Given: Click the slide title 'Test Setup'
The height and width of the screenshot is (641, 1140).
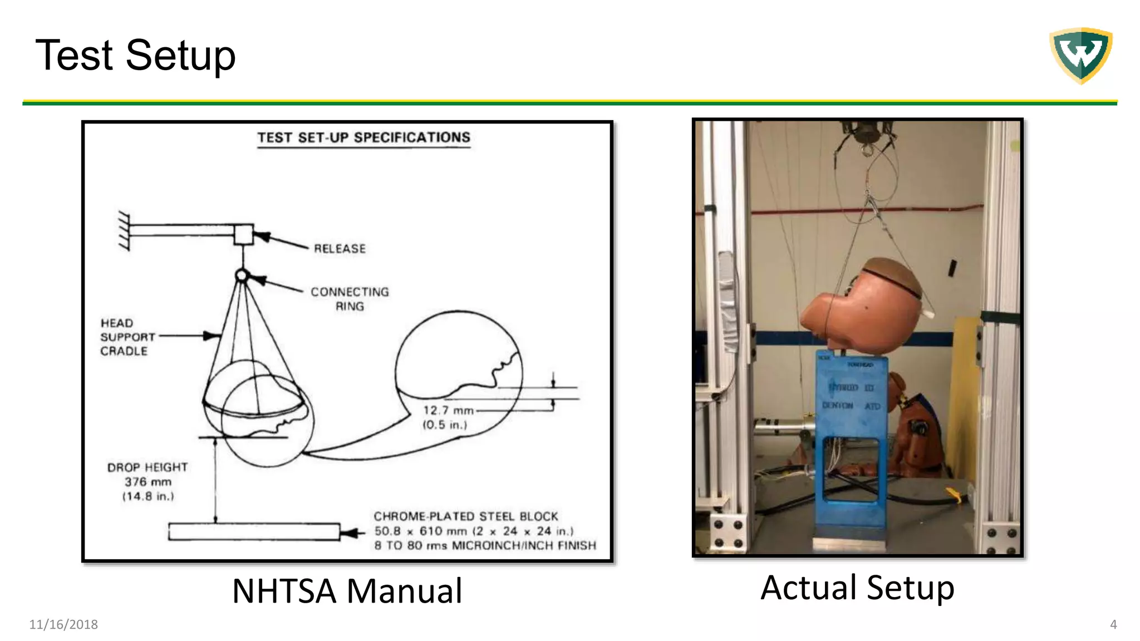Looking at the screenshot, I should tap(135, 55).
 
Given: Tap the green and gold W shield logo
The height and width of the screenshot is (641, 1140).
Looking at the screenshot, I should tap(1080, 55).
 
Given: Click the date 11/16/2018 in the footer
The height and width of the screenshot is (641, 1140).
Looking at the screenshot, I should tap(63, 624).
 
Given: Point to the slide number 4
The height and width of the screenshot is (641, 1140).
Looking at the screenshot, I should tap(1113, 624).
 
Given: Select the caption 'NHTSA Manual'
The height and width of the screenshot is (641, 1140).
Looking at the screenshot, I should tap(347, 590).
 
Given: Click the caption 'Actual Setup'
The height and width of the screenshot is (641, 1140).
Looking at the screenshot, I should tap(857, 588).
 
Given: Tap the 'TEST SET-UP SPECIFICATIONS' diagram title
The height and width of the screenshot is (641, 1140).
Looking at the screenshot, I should tap(363, 137).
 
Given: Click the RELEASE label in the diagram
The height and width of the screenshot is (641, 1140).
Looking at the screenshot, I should tap(340, 249).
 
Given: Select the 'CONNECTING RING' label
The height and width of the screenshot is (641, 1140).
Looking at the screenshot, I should tap(350, 299).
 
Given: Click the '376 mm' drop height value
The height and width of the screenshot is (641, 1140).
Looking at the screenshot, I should tap(148, 482).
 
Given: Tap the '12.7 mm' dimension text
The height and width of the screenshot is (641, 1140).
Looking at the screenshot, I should tap(448, 411).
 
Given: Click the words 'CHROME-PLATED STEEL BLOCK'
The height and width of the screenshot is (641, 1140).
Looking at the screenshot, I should tap(465, 516).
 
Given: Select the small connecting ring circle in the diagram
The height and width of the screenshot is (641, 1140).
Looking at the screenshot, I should tap(242, 275).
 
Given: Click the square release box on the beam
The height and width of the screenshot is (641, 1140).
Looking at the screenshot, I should tap(243, 234).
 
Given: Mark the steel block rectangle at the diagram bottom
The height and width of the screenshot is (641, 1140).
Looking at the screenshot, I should tap(254, 532).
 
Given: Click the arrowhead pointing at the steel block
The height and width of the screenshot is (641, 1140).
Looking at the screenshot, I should tap(350, 533).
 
